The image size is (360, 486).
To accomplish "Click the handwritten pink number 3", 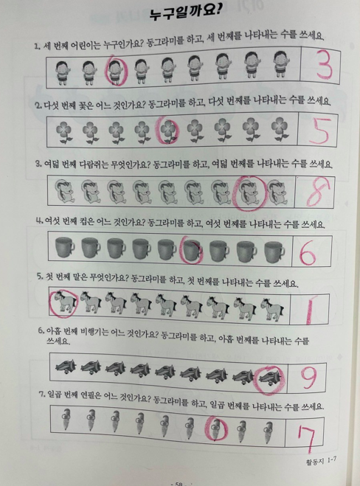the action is [324, 67].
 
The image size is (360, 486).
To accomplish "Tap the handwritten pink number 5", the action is [320, 131].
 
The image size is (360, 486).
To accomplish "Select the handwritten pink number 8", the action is [318, 192].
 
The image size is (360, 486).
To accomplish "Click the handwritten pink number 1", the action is [309, 309].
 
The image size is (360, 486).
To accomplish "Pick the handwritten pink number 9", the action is [308, 377].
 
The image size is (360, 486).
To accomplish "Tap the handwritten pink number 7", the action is [307, 437].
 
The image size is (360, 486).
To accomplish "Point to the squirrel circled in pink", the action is [249, 192].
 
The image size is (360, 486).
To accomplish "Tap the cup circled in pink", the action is [193, 249].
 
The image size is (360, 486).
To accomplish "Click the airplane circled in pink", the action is [269, 376].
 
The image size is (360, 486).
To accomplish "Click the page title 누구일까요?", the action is [185, 13].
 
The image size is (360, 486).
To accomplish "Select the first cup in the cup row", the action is [64, 247].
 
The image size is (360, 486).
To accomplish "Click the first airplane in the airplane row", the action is [66, 367].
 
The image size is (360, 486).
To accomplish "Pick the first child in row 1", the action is [62, 72].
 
